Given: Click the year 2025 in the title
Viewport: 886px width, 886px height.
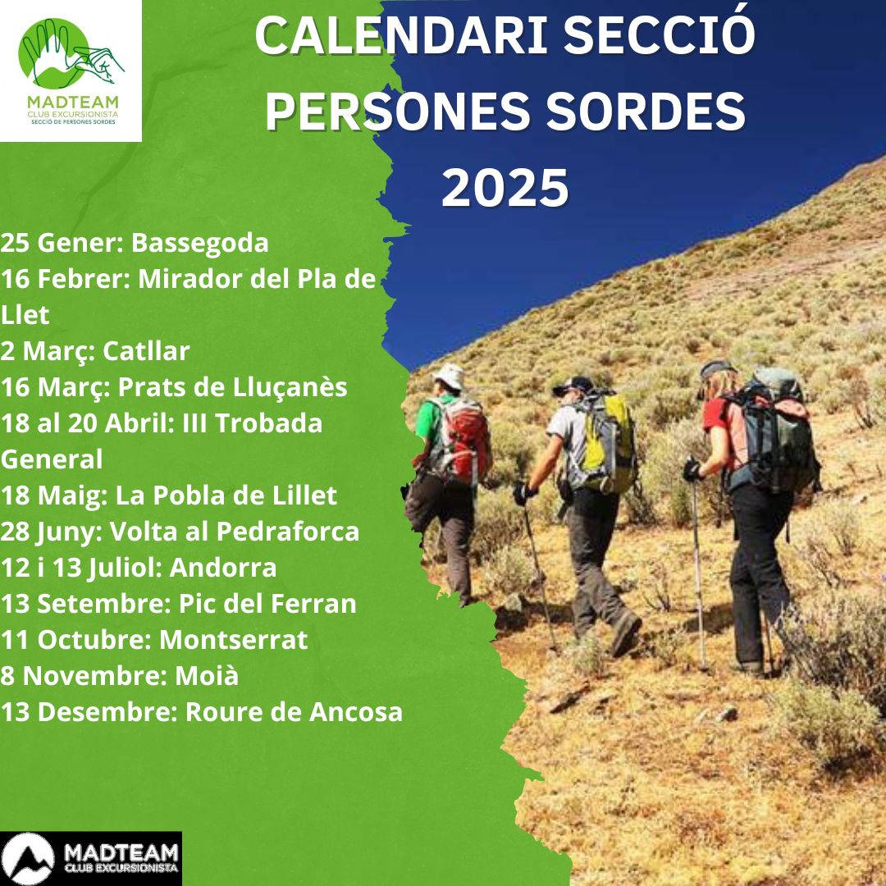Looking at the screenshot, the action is click(505, 188).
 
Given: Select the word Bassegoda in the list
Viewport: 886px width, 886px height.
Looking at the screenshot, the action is click(200, 243).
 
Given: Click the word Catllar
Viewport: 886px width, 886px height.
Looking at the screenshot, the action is click(146, 351).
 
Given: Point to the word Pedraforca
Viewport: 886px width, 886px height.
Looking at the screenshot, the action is click(288, 532).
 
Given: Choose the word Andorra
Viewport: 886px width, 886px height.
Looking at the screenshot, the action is click(223, 568).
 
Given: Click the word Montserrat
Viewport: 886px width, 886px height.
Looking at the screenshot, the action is click(233, 640).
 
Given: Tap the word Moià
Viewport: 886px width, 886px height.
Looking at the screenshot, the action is click(207, 676).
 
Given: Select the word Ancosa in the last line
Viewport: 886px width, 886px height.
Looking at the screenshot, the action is click(356, 712).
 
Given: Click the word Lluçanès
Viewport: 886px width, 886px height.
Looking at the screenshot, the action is click(290, 388).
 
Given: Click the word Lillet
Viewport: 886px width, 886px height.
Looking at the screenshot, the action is click(305, 496).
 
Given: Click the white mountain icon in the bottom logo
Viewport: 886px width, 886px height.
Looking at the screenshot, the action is click(26, 858).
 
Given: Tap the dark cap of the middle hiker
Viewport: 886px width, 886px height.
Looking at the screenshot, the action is click(573, 386).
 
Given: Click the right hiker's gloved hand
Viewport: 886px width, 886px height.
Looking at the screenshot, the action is click(692, 470).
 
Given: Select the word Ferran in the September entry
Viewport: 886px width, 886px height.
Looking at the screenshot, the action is click(313, 604).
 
